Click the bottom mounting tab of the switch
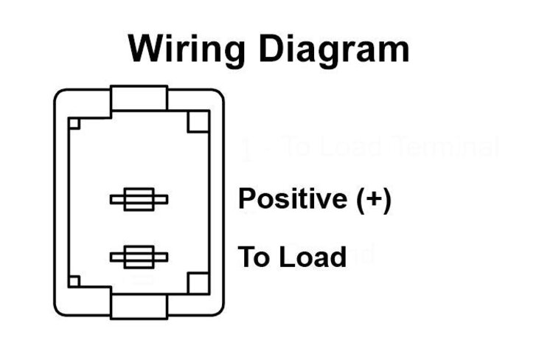pyautogui.click(x=139, y=304)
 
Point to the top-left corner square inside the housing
pyautogui.click(x=74, y=123)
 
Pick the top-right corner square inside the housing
pyautogui.click(x=198, y=122)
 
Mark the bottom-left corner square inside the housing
pyautogui.click(x=74, y=281)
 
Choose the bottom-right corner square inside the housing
pyautogui.click(x=198, y=283)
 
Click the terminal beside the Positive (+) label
pyautogui.click(x=139, y=199)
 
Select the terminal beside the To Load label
pyautogui.click(x=139, y=257)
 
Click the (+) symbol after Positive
pyautogui.click(x=372, y=199)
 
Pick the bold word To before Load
pyautogui.click(x=254, y=257)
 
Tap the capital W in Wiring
pyautogui.click(x=146, y=49)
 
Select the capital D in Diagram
pyautogui.click(x=281, y=49)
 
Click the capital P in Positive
pyautogui.click(x=246, y=199)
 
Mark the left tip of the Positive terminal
pyautogui.click(x=112, y=199)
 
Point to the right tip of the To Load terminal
pyautogui.click(x=166, y=257)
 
